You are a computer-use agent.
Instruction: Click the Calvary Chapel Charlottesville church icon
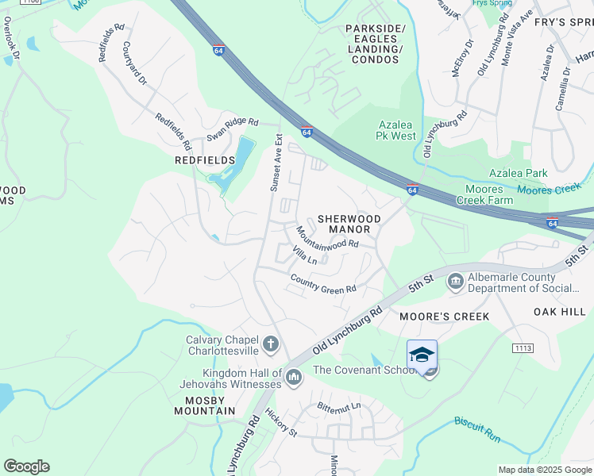[270, 344]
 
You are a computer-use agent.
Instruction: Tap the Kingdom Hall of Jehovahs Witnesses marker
[294, 375]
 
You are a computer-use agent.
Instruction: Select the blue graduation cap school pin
[422, 355]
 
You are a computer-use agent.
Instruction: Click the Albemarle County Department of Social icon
[456, 281]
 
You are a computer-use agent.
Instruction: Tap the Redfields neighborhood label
[205, 160]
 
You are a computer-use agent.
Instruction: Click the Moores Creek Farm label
[480, 195]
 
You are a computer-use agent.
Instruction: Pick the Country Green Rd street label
[323, 285]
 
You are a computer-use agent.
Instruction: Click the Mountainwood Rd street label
[327, 239]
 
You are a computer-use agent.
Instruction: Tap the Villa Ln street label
[305, 255]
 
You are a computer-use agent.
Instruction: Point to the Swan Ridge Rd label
[233, 129]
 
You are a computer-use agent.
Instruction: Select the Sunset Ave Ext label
[276, 163]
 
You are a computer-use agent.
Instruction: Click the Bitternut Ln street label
[339, 406]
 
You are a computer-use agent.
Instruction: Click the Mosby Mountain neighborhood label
[205, 405]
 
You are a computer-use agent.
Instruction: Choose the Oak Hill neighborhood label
[560, 311]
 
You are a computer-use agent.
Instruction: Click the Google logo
[26, 466]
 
